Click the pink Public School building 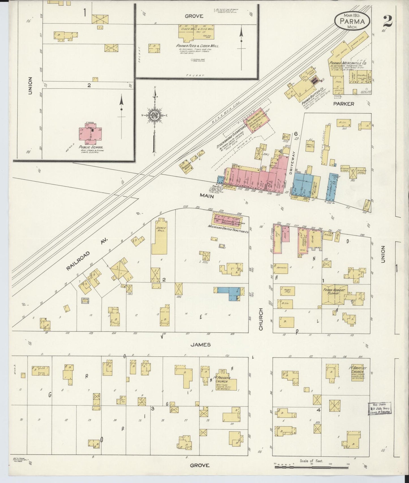pos(90,133)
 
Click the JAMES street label pos(200,345)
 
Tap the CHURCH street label pos(261,319)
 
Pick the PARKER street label pos(344,104)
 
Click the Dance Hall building pos(159,240)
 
